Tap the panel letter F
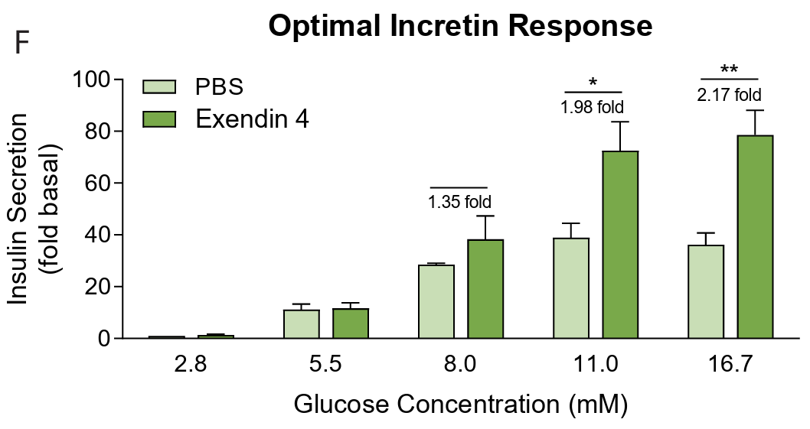[22, 44]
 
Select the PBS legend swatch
[160, 86]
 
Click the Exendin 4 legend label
[252, 119]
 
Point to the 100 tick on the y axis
[91, 80]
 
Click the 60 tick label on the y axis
[98, 183]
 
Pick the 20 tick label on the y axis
[98, 287]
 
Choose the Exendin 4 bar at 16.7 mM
[755, 237]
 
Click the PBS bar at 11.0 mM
[571, 288]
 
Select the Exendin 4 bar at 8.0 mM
[485, 289]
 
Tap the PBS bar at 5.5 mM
[301, 323]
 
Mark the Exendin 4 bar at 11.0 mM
[620, 245]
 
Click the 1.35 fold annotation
[459, 203]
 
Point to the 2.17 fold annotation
[729, 95]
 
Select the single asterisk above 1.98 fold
[593, 81]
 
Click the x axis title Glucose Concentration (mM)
[460, 404]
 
